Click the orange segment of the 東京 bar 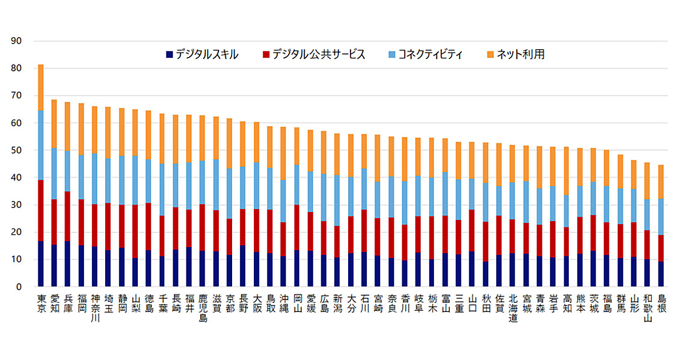pos(41,87)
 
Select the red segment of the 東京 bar pos(41,210)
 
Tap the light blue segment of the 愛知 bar pos(54,174)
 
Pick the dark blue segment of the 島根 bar pos(661,274)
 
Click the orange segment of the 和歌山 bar pos(648,181)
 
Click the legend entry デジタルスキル pos(202,55)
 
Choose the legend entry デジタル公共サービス pos(314,55)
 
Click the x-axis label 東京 pos(41,302)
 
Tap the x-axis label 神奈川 pos(95,308)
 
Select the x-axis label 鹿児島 pos(203,308)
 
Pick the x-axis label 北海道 pos(513,308)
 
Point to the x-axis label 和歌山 pos(648,308)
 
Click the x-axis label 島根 pos(661,302)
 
